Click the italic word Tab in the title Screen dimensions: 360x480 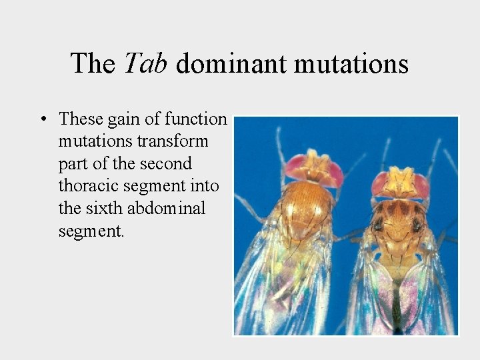(147, 64)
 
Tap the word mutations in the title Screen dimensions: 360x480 (351, 64)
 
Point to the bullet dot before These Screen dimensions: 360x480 (43, 120)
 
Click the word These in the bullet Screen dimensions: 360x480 (81, 119)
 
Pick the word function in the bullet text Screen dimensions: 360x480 (195, 119)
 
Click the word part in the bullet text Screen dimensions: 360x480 (72, 163)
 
